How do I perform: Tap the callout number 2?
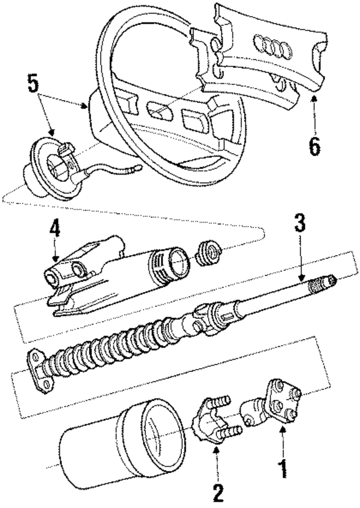tap(218, 493)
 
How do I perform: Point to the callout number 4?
tap(53, 230)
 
